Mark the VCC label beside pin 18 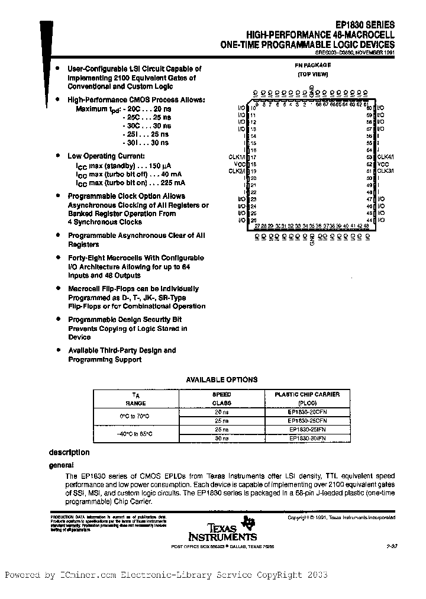pyautogui.click(x=240, y=164)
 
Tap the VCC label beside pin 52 pyautogui.click(x=383, y=164)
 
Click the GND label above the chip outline pyautogui.click(x=312, y=91)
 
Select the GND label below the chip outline pyautogui.click(x=312, y=240)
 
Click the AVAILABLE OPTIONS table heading pyautogui.click(x=222, y=379)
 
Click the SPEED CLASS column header pyautogui.click(x=222, y=398)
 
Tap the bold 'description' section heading pyautogui.click(x=69, y=452)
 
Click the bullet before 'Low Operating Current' pyautogui.click(x=58, y=155)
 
